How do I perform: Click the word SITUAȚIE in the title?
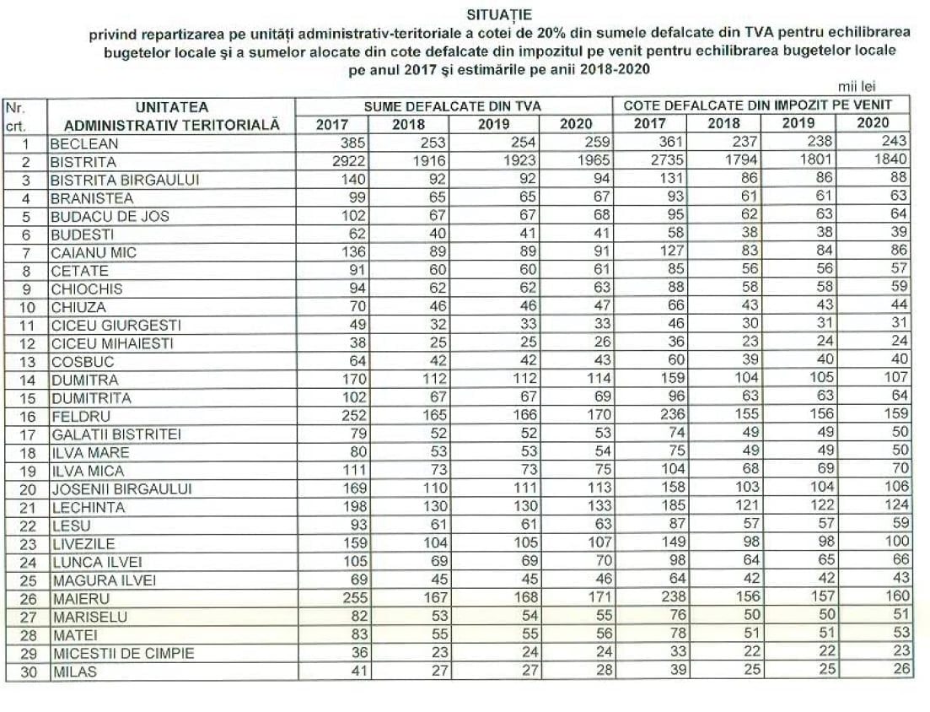click(x=498, y=14)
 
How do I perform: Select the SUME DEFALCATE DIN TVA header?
click(x=452, y=106)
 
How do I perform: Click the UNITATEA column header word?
click(x=171, y=107)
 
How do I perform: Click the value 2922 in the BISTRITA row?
click(x=350, y=161)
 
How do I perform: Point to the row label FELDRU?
click(x=80, y=416)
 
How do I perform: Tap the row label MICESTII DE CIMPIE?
click(x=123, y=653)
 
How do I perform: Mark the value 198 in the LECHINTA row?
click(x=355, y=507)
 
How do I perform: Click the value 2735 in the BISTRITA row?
click(x=670, y=160)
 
